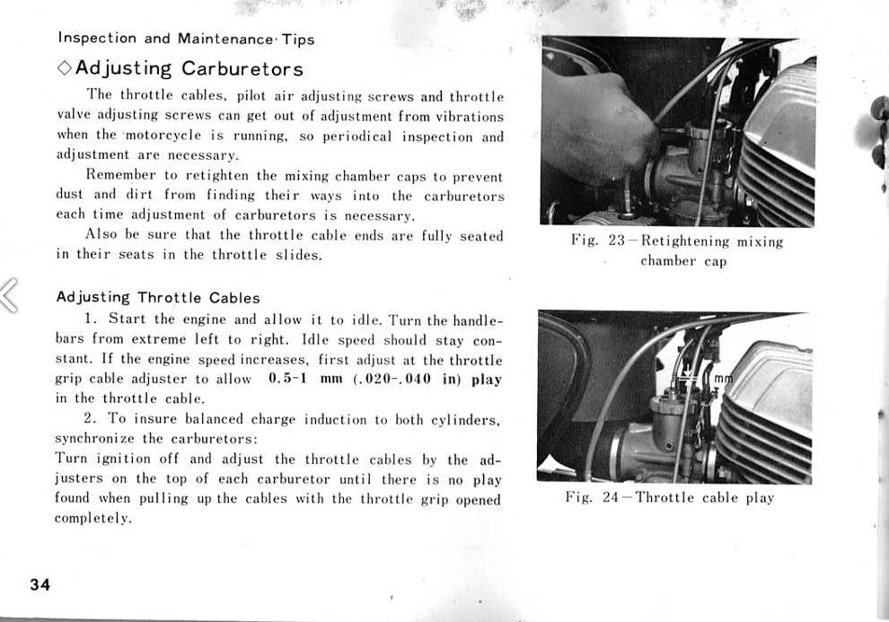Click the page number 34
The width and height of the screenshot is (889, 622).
click(39, 585)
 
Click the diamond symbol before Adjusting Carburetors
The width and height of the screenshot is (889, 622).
click(64, 68)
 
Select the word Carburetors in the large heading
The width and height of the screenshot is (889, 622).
click(242, 68)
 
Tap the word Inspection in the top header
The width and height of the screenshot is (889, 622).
click(97, 39)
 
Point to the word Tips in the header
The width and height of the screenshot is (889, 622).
click(298, 39)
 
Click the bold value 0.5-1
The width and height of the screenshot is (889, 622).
click(288, 378)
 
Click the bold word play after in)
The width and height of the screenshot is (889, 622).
click(486, 379)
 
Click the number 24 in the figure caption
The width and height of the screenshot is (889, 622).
click(611, 497)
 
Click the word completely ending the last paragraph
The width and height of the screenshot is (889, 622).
click(92, 519)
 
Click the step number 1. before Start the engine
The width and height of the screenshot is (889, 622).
click(91, 319)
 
